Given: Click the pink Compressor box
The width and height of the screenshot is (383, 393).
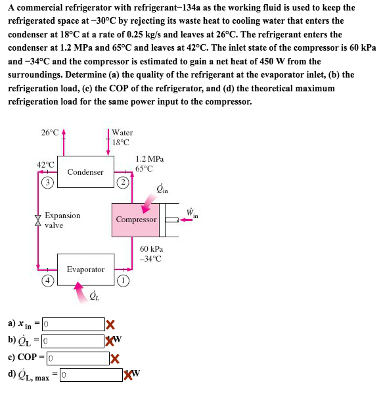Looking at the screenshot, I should (137, 220).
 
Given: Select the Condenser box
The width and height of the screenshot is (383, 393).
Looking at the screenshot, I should (85, 172).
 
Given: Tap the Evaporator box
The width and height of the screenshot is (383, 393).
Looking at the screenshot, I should (85, 269).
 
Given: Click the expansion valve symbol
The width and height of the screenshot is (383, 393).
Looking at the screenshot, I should (37, 220).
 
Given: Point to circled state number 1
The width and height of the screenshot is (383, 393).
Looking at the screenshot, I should (122, 279).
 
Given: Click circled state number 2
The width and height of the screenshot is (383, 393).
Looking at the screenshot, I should (122, 181).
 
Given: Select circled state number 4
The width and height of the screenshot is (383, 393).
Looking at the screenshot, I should (47, 281).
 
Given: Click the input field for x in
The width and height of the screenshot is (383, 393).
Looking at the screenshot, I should (73, 324).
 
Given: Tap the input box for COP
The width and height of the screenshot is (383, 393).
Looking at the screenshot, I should (77, 358).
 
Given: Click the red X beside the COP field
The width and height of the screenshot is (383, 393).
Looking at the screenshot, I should (115, 359).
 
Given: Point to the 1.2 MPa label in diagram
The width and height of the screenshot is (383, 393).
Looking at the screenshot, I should (149, 159).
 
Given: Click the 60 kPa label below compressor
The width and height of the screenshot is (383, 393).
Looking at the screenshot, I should (150, 249).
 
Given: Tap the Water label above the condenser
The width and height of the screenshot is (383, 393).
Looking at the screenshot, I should (122, 133).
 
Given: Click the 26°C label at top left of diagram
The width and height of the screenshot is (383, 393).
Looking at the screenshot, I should (50, 133).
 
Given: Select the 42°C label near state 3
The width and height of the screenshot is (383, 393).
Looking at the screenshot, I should (45, 164).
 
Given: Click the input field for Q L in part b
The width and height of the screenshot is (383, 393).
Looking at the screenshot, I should (73, 340).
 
